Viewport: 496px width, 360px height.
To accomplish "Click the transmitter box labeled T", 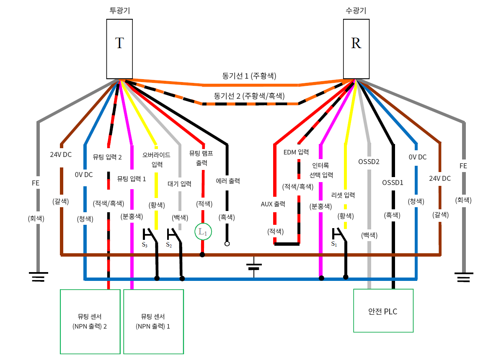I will [x=119, y=49].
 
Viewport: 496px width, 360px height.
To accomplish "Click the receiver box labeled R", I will [x=356, y=49].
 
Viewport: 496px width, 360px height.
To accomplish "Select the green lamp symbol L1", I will [x=203, y=231].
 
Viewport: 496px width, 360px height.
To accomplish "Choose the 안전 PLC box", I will [x=383, y=311].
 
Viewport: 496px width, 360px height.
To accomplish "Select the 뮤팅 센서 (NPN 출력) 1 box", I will [x=153, y=321].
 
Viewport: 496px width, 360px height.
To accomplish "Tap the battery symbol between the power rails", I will [x=254, y=267].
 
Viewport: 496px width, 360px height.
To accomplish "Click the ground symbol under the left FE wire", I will [x=38, y=277].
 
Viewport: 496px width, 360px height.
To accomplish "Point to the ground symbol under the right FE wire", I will [x=463, y=277].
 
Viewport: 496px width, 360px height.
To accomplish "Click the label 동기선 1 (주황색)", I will [x=249, y=76].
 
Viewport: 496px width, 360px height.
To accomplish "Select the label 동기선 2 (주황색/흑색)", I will [x=248, y=95].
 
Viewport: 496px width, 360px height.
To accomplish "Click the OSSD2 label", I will [x=369, y=161].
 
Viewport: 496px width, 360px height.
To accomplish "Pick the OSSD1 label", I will [x=393, y=183].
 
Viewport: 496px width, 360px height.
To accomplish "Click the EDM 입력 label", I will [x=296, y=152].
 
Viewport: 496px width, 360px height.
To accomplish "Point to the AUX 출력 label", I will [x=273, y=204].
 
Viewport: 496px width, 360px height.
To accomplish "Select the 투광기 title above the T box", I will [x=119, y=10].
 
